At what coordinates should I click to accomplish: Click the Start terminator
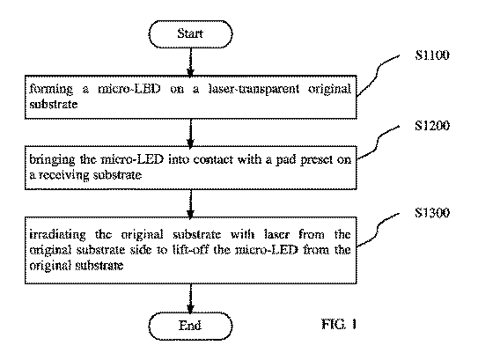pyautogui.click(x=190, y=33)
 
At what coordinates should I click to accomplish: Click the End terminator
pyautogui.click(x=190, y=326)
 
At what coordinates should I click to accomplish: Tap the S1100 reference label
pyautogui.click(x=432, y=55)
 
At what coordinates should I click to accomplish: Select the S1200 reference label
pyautogui.click(x=432, y=126)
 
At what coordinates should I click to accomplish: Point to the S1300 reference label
pyautogui.click(x=432, y=212)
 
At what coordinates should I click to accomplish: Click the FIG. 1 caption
pyautogui.click(x=339, y=324)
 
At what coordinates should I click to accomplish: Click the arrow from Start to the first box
pyautogui.click(x=190, y=62)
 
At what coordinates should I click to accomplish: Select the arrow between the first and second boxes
pyautogui.click(x=190, y=133)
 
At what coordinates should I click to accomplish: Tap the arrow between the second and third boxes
pyautogui.click(x=190, y=203)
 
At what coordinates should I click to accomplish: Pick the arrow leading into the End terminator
pyautogui.click(x=190, y=298)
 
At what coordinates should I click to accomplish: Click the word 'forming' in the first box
pyautogui.click(x=51, y=89)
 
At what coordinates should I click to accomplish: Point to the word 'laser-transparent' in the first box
pyautogui.click(x=254, y=89)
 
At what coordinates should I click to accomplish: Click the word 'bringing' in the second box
pyautogui.click(x=52, y=160)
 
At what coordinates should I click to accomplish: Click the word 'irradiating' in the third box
pyautogui.click(x=57, y=235)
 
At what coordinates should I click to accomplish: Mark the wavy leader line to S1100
pyautogui.click(x=378, y=76)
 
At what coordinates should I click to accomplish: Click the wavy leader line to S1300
pyautogui.click(x=378, y=230)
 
